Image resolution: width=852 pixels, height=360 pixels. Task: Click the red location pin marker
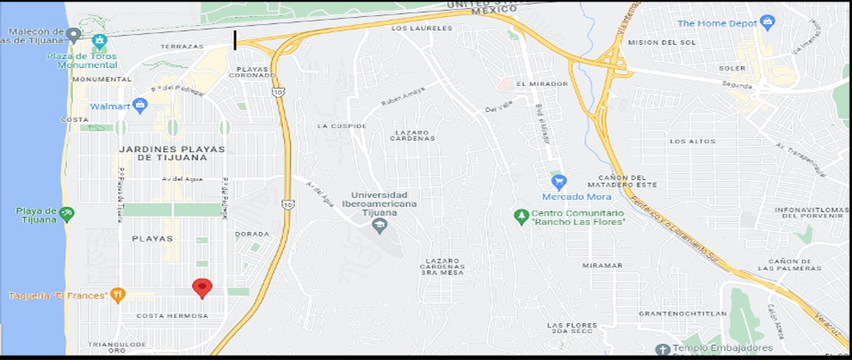pos(202,288)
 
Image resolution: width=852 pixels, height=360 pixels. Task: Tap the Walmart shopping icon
pos(140,107)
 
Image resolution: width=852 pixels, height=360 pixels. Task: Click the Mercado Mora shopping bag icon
pos(559,181)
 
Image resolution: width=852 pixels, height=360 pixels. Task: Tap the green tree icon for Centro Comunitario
pos(522,215)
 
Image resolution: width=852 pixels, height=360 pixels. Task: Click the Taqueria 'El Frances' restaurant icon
pos(118,294)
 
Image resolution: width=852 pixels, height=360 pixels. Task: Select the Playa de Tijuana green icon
pos(67,212)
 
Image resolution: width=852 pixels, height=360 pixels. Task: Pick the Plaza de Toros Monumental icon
pos(98,40)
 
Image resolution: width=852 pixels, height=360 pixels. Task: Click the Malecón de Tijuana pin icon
pos(73,33)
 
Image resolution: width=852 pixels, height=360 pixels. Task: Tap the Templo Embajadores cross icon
pos(662,349)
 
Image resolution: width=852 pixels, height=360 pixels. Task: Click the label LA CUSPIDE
pos(342,126)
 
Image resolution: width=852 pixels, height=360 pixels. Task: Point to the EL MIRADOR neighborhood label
pos(542,84)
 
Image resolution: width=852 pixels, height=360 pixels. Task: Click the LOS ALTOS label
pos(692,141)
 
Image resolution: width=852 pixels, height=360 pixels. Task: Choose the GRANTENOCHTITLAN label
pos(673,313)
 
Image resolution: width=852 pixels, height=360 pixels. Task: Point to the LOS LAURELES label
pos(422,28)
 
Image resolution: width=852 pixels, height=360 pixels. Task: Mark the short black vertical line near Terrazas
pos(235,40)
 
